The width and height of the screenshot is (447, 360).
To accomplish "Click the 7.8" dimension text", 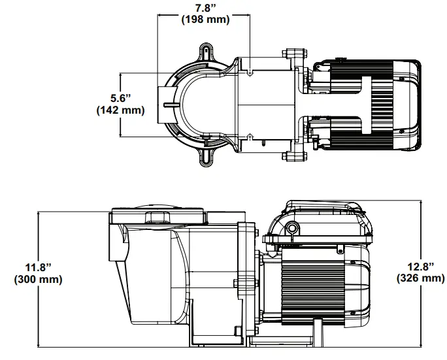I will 205,8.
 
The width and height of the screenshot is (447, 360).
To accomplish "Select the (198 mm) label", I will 205,20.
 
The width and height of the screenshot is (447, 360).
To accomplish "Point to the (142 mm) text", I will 120,110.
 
